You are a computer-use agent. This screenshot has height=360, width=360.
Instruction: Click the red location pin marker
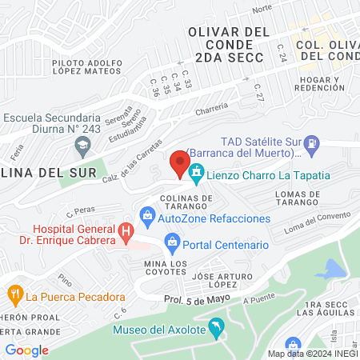pyautogui.click(x=176, y=164)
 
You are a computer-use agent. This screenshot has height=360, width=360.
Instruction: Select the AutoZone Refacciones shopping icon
pyautogui.click(x=147, y=214)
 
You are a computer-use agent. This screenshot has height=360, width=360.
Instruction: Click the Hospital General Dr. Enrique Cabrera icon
pyautogui.click(x=126, y=232)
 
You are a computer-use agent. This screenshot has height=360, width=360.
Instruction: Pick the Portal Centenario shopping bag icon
pyautogui.click(x=172, y=242)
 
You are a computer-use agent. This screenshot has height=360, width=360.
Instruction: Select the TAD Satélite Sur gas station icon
pyautogui.click(x=313, y=144)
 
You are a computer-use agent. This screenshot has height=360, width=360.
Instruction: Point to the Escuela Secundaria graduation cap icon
pyautogui.click(x=81, y=146)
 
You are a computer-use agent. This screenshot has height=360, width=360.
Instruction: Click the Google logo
pyautogui.click(x=27, y=350)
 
